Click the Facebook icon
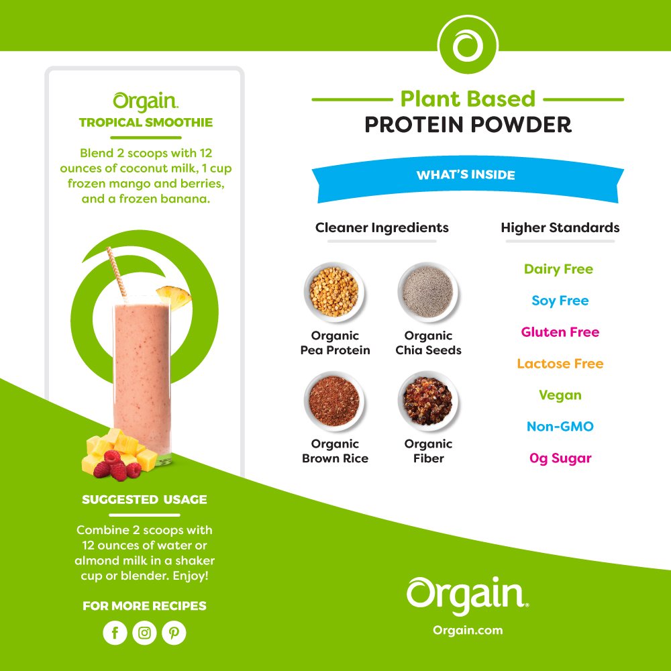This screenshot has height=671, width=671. click(115, 633)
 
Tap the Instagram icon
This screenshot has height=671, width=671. click(145, 633)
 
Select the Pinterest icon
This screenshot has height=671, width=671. click(174, 633)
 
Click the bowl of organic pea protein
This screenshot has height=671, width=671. click(334, 293)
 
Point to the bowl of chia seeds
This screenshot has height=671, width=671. click(427, 293)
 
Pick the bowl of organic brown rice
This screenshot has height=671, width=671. click(334, 401)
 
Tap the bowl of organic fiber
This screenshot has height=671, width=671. click(427, 401)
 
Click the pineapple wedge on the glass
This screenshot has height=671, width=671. click(174, 297)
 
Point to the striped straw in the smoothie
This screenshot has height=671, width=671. click(116, 272)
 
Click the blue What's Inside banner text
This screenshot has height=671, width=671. click(466, 174)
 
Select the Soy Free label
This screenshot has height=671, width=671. click(560, 301)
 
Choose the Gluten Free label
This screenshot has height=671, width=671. click(560, 332)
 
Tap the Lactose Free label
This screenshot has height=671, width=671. click(560, 363)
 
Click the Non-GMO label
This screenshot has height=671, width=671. click(560, 426)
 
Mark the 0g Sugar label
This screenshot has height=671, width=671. click(560, 458)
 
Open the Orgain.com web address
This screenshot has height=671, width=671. click(468, 630)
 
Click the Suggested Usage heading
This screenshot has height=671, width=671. click(144, 499)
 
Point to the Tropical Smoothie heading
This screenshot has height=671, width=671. click(146, 122)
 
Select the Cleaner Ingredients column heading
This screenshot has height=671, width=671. click(382, 227)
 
